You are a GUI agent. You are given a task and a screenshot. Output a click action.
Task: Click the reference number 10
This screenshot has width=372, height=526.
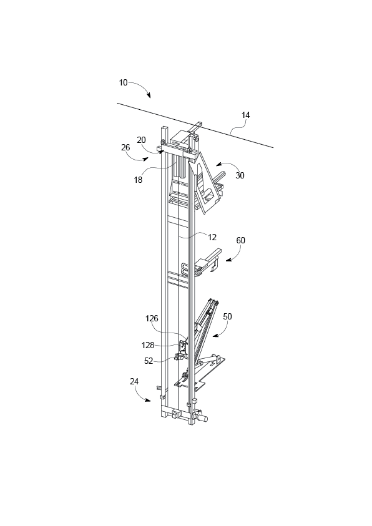click(123, 82)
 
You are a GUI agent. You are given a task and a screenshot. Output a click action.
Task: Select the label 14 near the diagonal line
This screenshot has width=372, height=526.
click(246, 115)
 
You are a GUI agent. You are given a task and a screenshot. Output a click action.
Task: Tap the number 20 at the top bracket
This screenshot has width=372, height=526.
click(142, 140)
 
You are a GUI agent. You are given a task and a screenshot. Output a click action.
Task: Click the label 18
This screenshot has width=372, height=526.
click(138, 180)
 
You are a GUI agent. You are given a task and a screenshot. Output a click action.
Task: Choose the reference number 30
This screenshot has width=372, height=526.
click(240, 175)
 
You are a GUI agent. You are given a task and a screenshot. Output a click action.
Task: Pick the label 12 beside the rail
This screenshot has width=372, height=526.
click(212, 236)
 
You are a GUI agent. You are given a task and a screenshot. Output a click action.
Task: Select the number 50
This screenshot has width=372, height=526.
click(227, 316)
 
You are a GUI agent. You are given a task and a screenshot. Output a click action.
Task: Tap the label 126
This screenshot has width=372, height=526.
click(152, 318)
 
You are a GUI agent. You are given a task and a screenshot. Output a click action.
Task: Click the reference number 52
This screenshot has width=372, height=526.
click(149, 360)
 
